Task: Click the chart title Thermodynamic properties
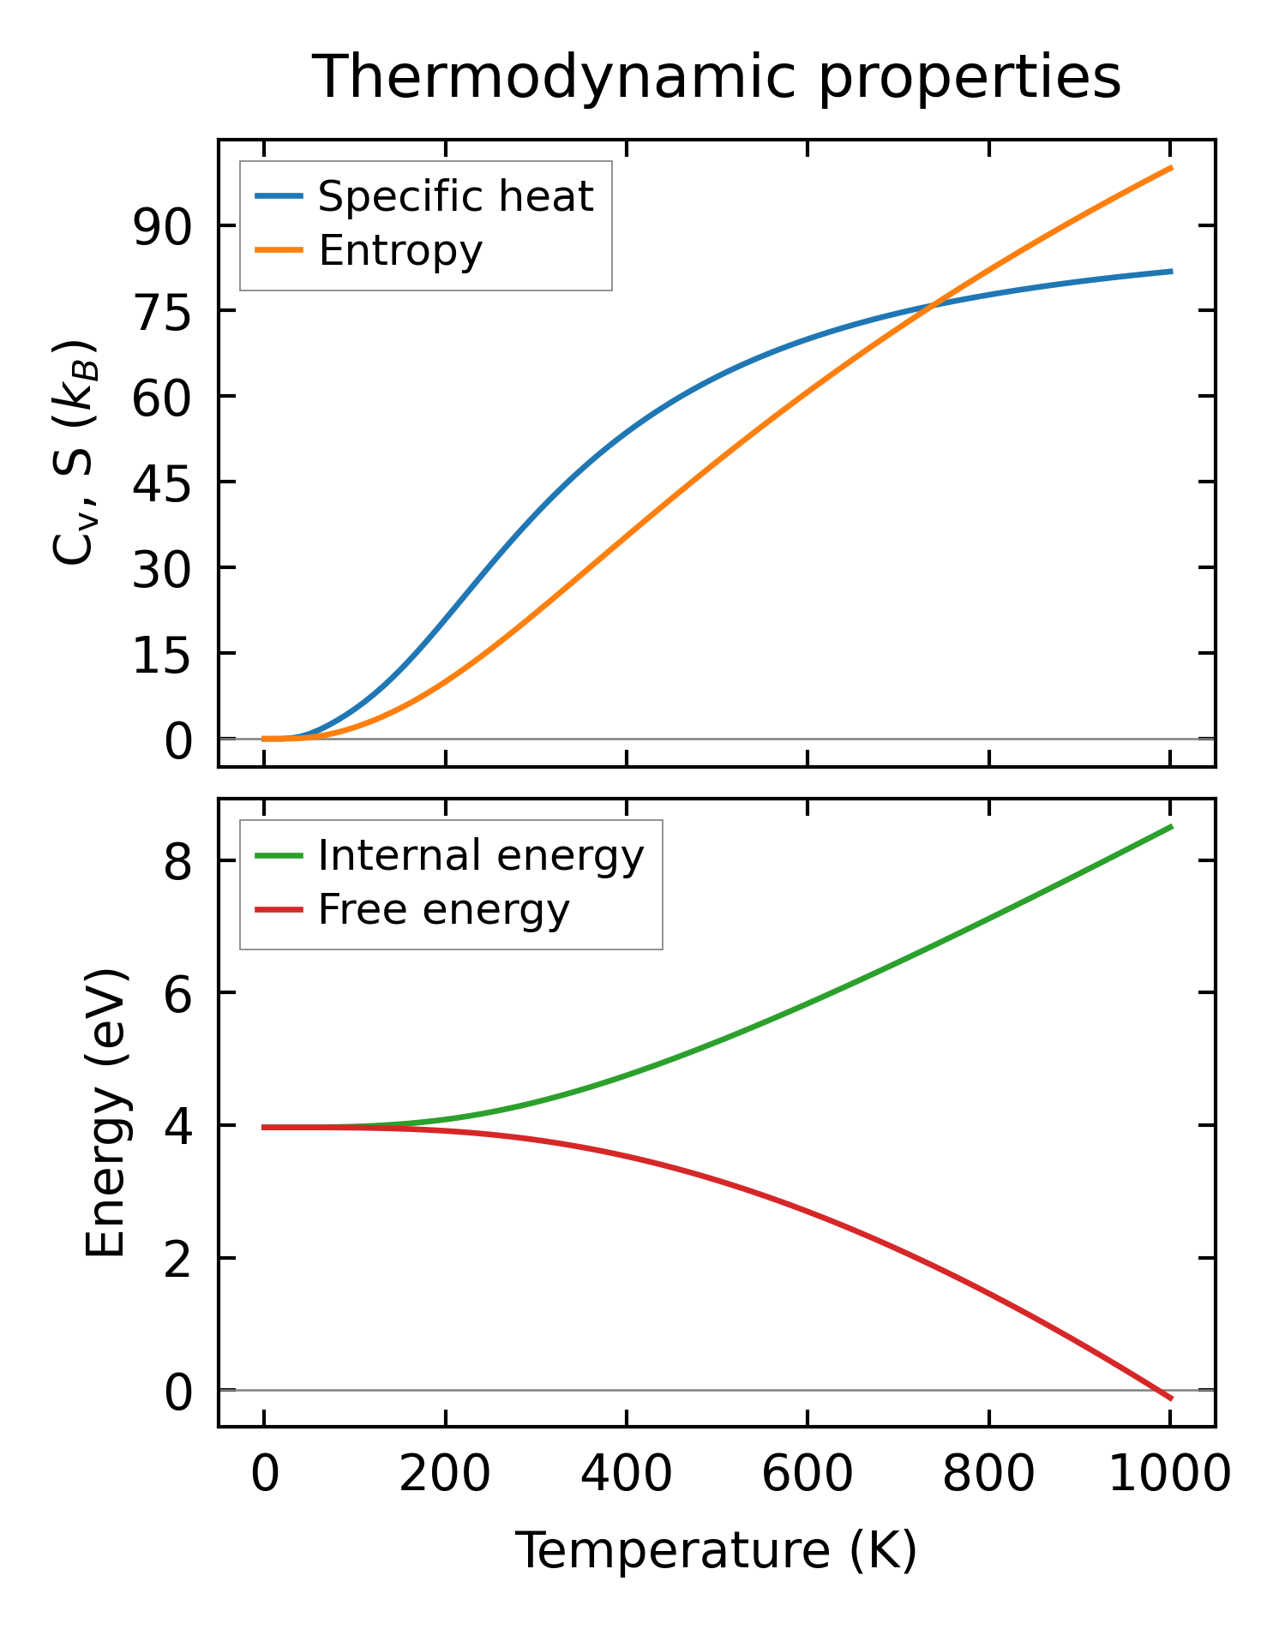point(716,77)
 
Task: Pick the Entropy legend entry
point(400,250)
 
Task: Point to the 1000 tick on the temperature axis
point(1169,1475)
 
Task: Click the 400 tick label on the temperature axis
point(627,1475)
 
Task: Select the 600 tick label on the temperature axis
point(808,1475)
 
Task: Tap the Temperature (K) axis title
point(716,1550)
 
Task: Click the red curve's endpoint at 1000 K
point(1170,1398)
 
